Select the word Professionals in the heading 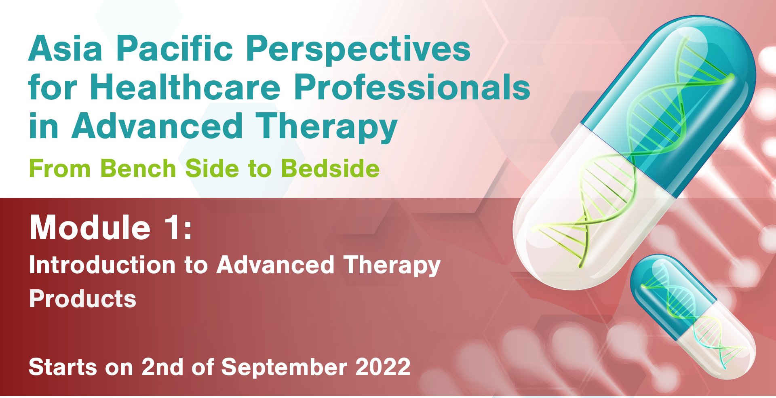click(x=412, y=87)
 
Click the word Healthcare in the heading click(x=186, y=87)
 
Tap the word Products click(x=83, y=299)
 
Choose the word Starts click(x=63, y=367)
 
